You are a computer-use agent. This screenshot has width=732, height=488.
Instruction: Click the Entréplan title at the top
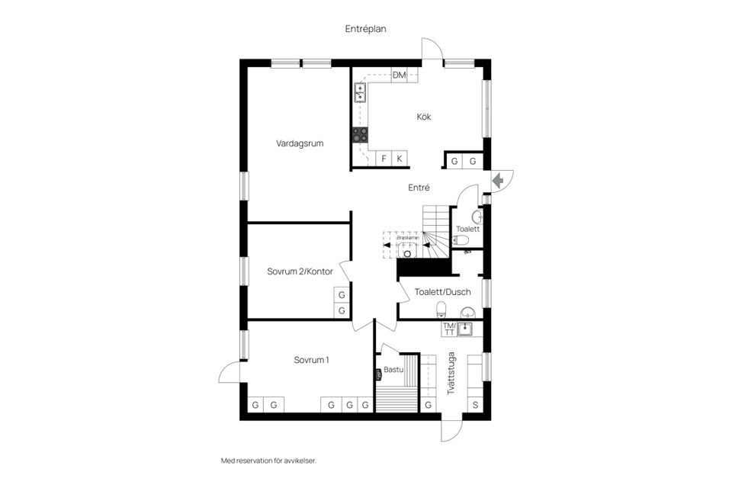tap(366, 28)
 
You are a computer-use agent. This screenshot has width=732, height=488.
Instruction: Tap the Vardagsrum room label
tap(300, 142)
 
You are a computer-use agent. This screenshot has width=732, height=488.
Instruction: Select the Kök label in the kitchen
tap(424, 117)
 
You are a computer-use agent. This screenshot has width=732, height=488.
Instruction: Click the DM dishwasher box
tap(400, 75)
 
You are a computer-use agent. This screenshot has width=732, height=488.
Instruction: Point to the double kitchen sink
tap(360, 93)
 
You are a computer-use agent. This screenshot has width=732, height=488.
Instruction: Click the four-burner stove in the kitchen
tap(360, 135)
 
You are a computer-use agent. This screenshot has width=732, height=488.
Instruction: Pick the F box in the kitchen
tap(384, 159)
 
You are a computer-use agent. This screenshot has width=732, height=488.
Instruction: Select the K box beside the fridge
tap(399, 159)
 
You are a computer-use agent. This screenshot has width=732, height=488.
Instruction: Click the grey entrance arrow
tap(497, 181)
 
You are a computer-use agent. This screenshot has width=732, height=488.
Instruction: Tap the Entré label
tap(419, 188)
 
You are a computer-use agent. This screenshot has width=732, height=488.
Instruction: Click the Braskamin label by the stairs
tap(408, 237)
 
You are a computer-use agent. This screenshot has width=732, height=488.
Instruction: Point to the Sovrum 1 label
tap(311, 360)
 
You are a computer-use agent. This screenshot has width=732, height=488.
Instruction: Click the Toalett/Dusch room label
tap(442, 292)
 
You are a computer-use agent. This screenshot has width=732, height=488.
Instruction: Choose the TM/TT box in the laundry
tap(449, 329)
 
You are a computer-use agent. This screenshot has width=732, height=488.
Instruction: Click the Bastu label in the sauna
tap(393, 370)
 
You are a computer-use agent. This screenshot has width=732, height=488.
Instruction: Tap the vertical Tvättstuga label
tap(452, 372)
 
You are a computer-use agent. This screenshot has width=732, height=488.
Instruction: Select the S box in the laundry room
tap(476, 405)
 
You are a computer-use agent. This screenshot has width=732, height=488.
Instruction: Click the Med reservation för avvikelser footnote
tap(268, 461)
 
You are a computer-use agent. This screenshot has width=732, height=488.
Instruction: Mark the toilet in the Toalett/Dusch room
tap(441, 310)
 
